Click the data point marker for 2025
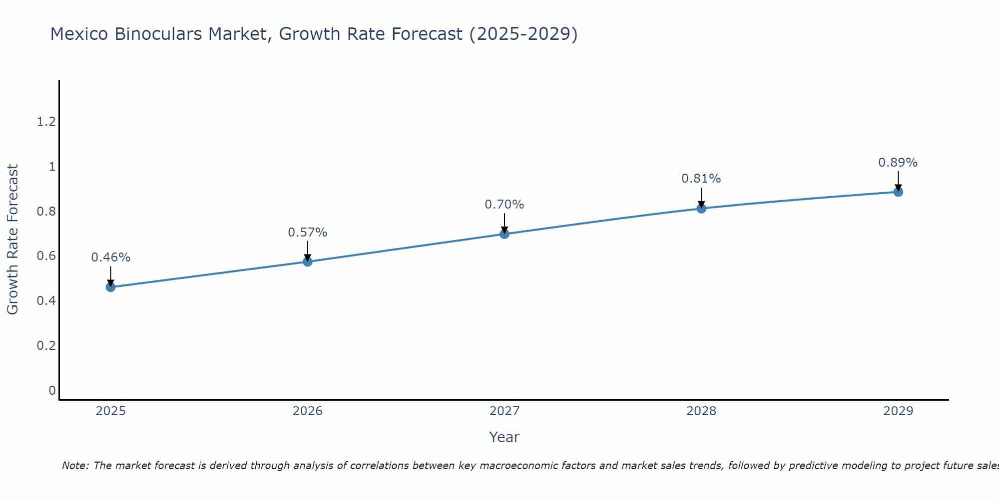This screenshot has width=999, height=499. tap(111, 287)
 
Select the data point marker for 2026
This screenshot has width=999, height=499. tap(308, 261)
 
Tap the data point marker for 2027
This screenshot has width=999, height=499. tap(504, 234)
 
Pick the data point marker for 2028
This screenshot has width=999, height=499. tap(701, 208)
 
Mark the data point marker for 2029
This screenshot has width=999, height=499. tap(898, 192)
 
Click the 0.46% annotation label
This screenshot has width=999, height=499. tap(111, 257)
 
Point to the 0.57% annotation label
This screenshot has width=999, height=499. tap(308, 233)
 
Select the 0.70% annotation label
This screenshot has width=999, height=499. tap(504, 205)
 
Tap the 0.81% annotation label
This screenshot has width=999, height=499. tap(701, 179)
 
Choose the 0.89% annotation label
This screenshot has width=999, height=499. tap(898, 163)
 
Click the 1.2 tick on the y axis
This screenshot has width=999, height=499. tap(46, 121)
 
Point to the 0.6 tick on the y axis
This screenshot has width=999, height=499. tap(46, 256)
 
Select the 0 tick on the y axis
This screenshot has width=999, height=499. tap(52, 390)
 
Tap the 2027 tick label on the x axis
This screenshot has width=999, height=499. tap(504, 411)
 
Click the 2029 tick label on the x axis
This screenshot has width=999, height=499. tap(898, 411)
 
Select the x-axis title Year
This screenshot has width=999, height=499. tap(504, 437)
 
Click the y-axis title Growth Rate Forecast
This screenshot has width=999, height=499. tap(12, 240)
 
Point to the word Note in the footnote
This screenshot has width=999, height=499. tap(75, 466)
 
